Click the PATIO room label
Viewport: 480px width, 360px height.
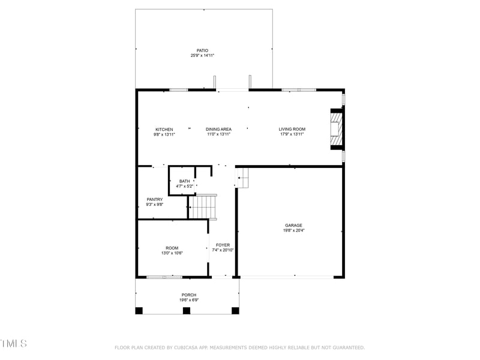(x=202, y=50)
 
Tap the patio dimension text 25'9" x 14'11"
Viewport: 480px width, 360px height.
(x=202, y=55)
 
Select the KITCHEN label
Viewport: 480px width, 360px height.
(x=164, y=130)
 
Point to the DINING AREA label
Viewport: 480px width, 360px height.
(x=218, y=130)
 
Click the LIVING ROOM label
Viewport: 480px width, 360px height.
(x=292, y=130)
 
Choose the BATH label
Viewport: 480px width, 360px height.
(x=184, y=181)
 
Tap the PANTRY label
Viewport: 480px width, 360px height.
(x=155, y=200)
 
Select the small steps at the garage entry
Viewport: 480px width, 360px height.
(x=242, y=178)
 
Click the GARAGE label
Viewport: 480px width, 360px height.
(x=293, y=226)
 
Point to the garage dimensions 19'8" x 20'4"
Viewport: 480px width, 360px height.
(x=293, y=230)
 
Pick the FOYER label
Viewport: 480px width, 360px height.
(x=223, y=245)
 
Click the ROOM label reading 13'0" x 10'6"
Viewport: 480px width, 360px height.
(x=172, y=248)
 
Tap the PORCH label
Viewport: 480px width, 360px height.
(x=189, y=295)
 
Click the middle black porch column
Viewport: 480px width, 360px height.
(x=187, y=310)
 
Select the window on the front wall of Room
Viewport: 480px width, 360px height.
(x=164, y=277)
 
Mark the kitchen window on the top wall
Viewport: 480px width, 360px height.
(x=178, y=90)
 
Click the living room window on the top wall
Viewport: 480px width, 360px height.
(x=299, y=90)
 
